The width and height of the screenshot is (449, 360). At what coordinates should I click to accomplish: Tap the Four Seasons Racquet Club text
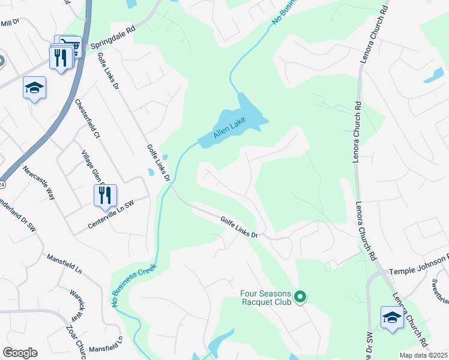(265, 298)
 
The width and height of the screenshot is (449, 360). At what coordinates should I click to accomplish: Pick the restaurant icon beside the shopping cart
(60, 58)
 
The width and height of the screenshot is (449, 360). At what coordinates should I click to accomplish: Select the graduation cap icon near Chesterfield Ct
(34, 88)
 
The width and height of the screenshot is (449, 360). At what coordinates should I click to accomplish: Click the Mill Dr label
(11, 23)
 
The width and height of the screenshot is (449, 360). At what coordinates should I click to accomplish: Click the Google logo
(20, 353)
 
